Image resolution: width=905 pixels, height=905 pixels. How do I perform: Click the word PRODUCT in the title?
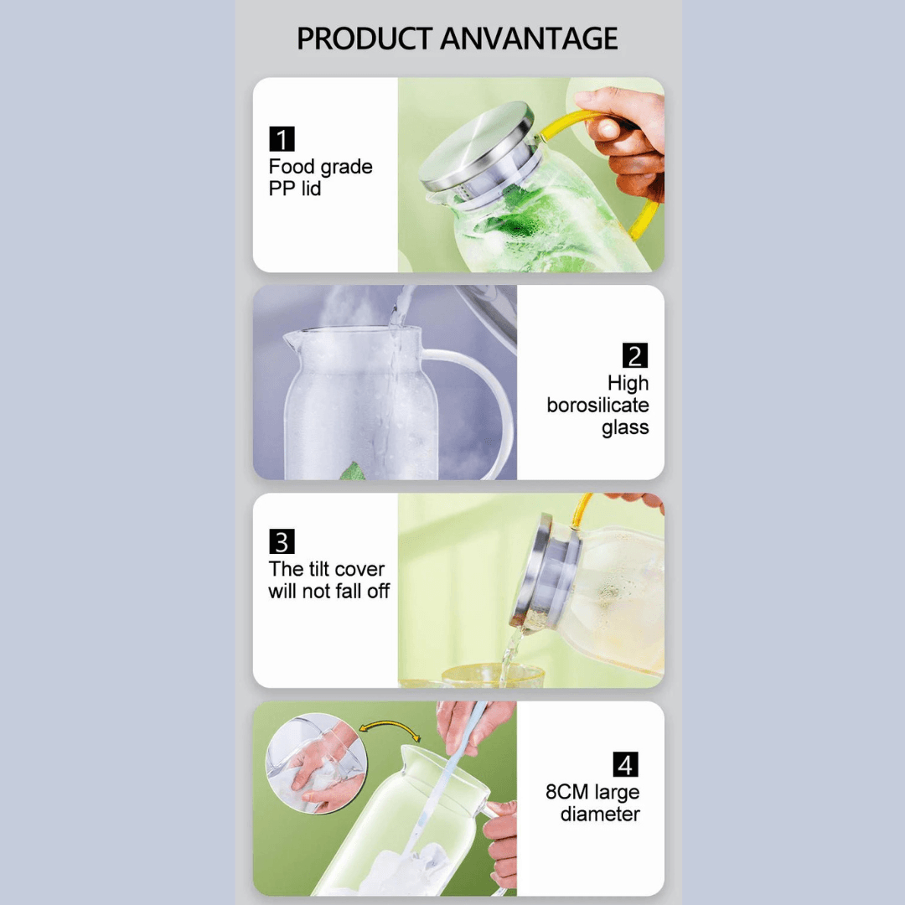tap(364, 39)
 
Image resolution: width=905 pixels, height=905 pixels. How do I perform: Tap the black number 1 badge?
tap(282, 139)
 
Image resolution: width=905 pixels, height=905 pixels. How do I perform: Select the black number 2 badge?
tap(635, 355)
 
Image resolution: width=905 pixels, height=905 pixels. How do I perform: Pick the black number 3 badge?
tap(282, 541)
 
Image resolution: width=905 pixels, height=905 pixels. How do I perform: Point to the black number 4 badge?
tap(625, 764)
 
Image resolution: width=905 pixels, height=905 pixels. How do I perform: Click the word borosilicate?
tap(597, 406)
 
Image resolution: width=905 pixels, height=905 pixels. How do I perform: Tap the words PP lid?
tap(294, 189)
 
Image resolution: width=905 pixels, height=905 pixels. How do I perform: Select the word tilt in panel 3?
tap(323, 569)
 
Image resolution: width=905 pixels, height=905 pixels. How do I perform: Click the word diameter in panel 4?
tap(600, 814)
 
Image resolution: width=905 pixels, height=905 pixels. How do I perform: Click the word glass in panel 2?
tap(625, 428)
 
